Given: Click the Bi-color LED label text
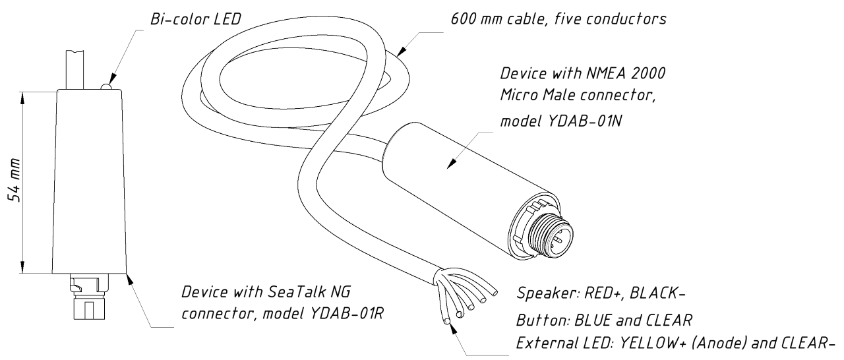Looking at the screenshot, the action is click(196, 19).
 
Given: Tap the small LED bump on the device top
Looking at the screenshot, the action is click(106, 86).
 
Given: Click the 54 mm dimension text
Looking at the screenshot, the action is click(15, 180).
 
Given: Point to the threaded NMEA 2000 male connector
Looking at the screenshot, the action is click(551, 237).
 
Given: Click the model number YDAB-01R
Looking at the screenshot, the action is click(347, 313).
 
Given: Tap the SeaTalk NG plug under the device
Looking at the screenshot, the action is click(88, 297).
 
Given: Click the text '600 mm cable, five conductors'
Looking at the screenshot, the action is click(558, 19).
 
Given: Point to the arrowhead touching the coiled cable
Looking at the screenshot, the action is click(402, 51).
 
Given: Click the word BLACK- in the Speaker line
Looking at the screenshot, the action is click(657, 293).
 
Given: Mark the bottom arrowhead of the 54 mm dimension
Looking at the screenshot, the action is click(22, 267).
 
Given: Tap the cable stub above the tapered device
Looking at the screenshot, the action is click(75, 70).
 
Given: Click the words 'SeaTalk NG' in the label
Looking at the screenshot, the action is click(309, 292).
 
